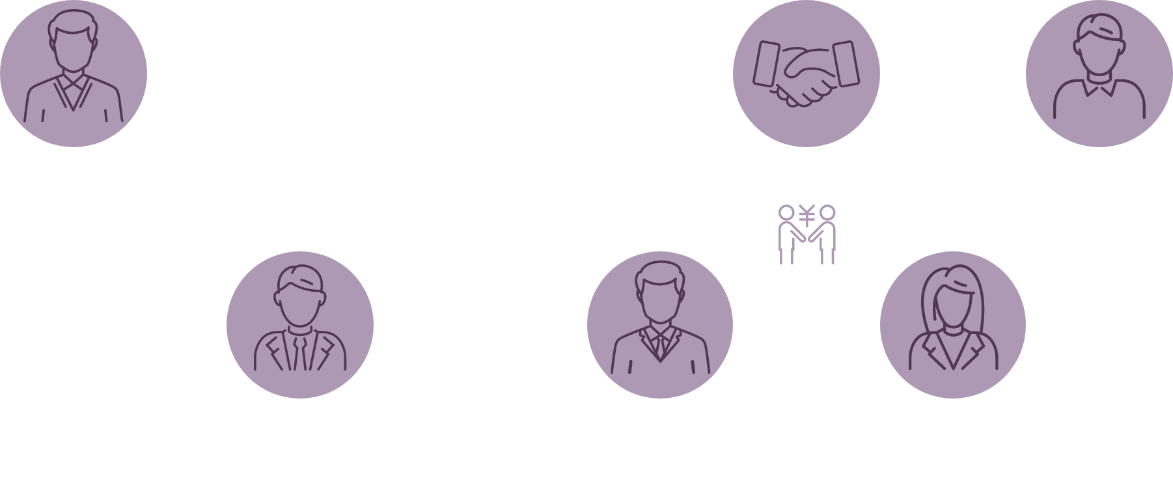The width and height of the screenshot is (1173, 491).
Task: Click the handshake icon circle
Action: [806, 74]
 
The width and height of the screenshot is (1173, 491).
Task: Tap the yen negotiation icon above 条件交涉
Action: [807, 234]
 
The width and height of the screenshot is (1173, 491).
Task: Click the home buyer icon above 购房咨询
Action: [74, 74]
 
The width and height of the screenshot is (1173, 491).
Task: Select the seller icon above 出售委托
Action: [1099, 74]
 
